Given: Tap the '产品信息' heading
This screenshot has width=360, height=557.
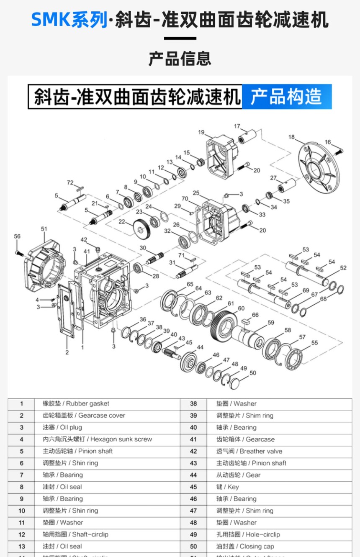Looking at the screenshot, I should pos(180,59).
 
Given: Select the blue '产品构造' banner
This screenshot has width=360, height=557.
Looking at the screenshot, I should pos(286,97).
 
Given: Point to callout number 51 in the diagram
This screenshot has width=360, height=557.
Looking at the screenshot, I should pos(44,228).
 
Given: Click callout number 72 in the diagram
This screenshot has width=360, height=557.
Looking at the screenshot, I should pos(70,182).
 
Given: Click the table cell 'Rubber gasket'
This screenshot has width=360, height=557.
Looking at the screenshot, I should pos(76,403).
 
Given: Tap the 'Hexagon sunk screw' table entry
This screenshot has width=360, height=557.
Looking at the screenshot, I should pos(97,439).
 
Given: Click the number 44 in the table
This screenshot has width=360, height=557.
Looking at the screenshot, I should pos(193,475).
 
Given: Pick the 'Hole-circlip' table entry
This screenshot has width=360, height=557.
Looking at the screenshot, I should pos(248,534).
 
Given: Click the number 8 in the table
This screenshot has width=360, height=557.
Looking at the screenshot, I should pos(22,487).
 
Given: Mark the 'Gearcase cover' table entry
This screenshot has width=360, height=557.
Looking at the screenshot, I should pos(84,416).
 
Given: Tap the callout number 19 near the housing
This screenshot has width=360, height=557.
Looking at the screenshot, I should pos(201,133).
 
